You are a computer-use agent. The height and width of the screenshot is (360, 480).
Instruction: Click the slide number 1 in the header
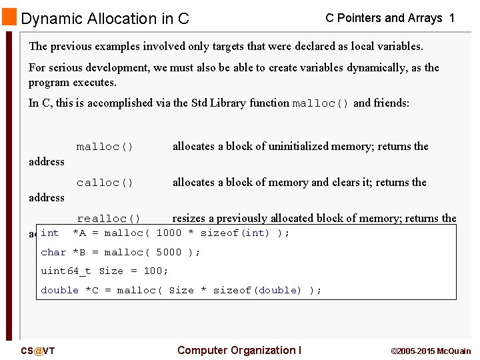click(x=452, y=19)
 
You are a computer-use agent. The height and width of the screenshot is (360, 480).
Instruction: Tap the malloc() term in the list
click(x=105, y=147)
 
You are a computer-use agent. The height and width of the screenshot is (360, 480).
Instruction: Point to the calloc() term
click(x=105, y=183)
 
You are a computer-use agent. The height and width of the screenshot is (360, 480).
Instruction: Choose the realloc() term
click(x=109, y=219)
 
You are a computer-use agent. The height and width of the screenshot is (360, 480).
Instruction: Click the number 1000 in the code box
click(x=169, y=233)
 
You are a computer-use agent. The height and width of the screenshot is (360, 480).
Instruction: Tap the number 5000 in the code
click(x=169, y=253)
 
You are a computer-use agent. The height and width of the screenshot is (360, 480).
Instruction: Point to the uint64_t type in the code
click(x=66, y=271)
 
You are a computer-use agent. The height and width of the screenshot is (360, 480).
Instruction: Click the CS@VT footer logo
click(x=37, y=351)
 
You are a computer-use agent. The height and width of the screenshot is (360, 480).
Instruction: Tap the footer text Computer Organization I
click(x=239, y=351)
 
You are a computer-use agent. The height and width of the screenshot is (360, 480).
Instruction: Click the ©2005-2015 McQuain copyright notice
click(x=431, y=351)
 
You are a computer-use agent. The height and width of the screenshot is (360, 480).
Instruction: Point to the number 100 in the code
click(x=153, y=271)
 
